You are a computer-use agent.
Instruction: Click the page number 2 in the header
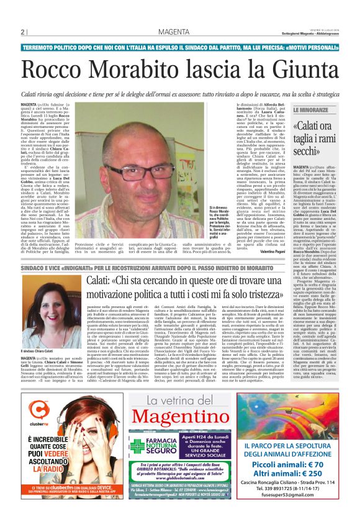click(22, 32)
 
